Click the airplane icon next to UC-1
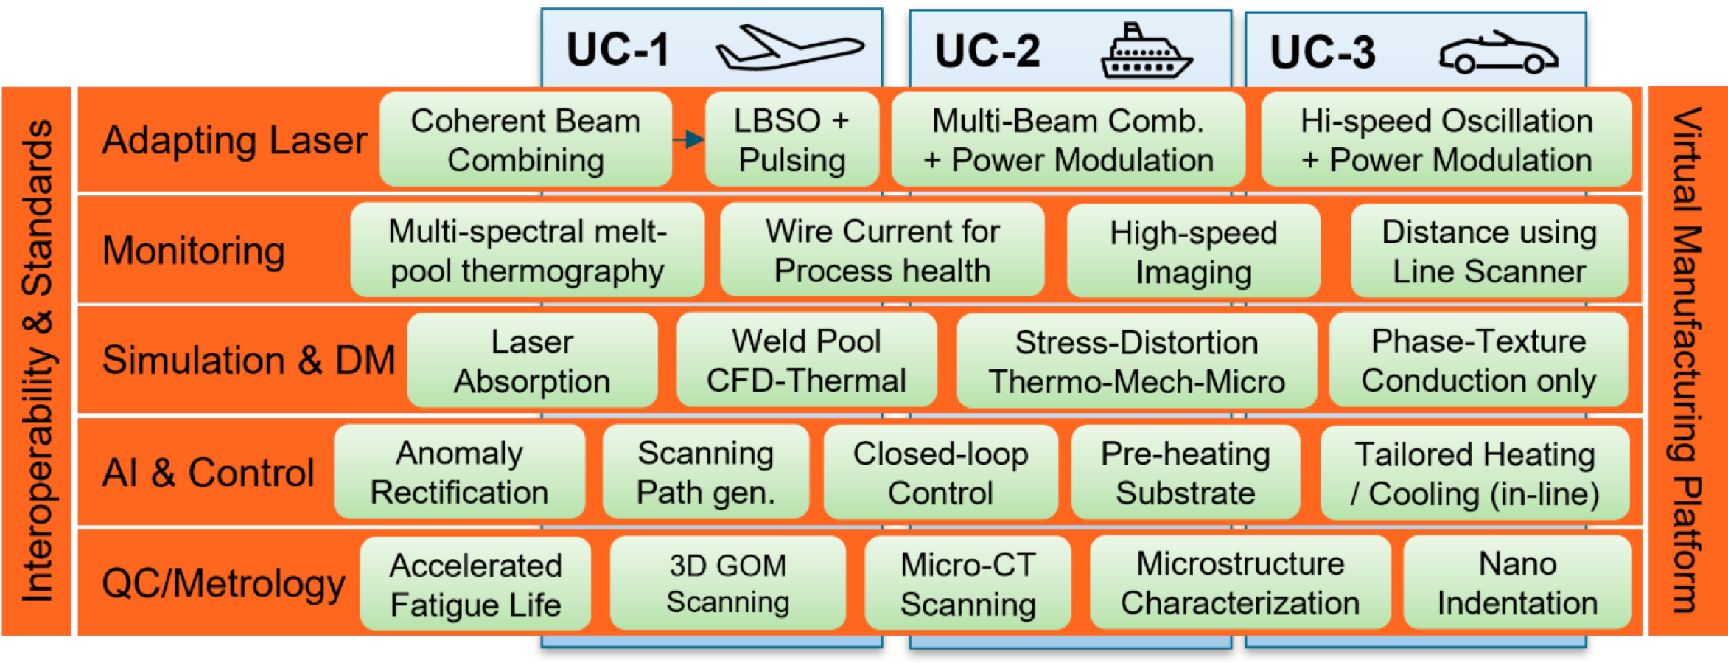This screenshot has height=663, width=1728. tap(788, 48)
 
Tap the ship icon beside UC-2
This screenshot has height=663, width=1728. tap(1146, 52)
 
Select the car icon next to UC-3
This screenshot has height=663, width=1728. tap(1498, 53)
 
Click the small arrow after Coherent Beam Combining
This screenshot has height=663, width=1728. tap(688, 139)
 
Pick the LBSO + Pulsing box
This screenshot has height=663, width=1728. tap(792, 140)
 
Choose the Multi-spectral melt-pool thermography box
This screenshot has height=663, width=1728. tap(527, 251)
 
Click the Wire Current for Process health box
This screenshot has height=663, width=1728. tap(882, 251)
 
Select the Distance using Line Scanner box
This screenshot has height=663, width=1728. tap(1489, 251)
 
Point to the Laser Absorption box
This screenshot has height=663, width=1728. tap(532, 361)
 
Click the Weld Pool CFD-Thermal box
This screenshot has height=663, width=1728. tap(806, 361)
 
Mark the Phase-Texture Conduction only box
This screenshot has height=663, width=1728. tap(1478, 361)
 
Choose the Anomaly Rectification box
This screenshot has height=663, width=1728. tap(459, 473)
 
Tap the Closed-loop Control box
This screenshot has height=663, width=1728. tap(940, 473)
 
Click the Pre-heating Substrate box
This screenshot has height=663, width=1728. tap(1185, 473)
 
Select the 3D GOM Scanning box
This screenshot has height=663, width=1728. tap(727, 583)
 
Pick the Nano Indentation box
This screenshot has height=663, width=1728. tap(1517, 583)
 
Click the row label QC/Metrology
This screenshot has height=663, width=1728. tap(223, 583)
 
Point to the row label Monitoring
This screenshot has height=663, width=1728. tap(194, 251)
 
